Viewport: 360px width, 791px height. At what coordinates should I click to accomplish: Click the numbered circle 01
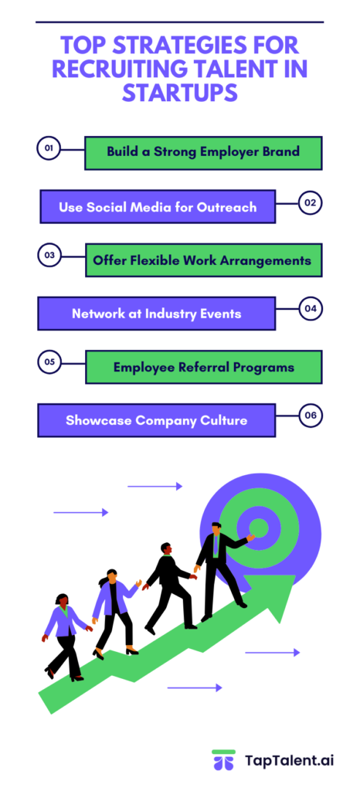pos(49,148)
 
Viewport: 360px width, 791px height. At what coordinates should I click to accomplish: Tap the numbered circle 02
pos(311,204)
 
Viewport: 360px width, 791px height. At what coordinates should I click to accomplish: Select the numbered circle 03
pos(49,255)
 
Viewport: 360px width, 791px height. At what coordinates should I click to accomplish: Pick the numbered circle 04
pos(311,309)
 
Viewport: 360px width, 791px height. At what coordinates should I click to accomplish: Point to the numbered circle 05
pos(49,361)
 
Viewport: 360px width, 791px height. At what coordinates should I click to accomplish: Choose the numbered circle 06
pos(311,416)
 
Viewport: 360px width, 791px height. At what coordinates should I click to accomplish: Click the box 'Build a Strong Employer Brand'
pos(203,152)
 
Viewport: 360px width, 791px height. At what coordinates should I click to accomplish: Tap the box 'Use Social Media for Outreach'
pos(157,207)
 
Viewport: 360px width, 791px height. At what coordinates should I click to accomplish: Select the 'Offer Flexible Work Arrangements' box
pos(203,260)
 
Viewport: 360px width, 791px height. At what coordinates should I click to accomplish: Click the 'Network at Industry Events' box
pos(157,314)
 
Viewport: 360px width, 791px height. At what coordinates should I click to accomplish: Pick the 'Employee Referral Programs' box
pos(203,367)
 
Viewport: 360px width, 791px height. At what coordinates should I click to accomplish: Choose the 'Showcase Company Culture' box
pos(157,420)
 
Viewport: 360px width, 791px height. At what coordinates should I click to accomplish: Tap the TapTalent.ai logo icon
pos(223,760)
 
